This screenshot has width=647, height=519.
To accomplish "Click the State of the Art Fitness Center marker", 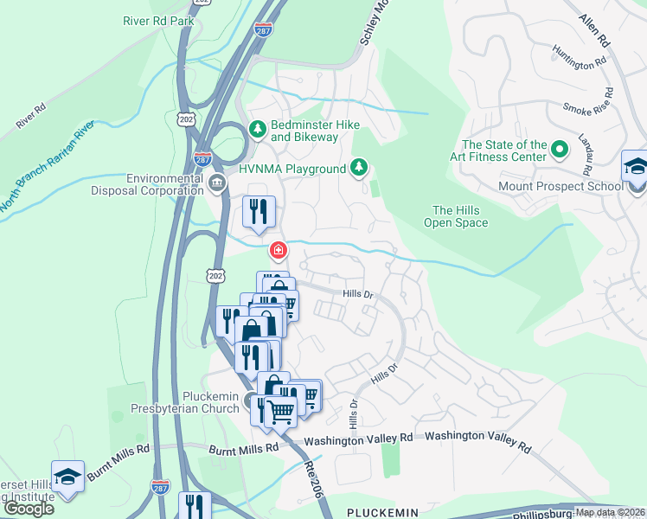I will (560, 150).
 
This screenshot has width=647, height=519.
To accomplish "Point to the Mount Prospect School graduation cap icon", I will (635, 166).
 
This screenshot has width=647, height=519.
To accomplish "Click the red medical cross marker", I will (279, 251).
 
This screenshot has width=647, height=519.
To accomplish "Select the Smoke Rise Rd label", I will (589, 108).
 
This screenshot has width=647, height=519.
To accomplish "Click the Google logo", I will (28, 508).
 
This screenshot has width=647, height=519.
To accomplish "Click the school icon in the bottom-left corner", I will (67, 477).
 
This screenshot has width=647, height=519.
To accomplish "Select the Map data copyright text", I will (610, 512).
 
